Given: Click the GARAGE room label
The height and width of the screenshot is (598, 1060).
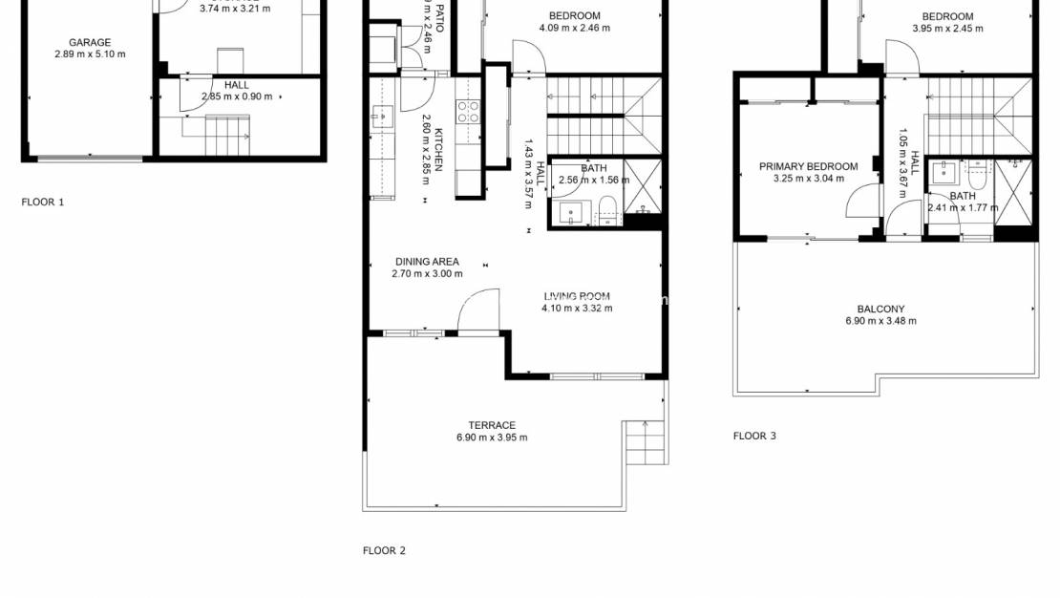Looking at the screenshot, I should point(90,42).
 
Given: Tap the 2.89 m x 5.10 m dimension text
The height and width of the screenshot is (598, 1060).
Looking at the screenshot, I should point(90,54).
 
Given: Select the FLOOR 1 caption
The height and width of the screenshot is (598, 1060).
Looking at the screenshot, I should point(43,203).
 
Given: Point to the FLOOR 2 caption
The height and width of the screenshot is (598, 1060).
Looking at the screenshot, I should point(384,550).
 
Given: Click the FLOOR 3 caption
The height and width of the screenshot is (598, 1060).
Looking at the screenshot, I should point(754,436).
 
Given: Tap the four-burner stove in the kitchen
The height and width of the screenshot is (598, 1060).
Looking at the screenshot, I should point(468,112).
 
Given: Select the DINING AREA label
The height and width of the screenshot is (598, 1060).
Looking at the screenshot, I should point(427,262).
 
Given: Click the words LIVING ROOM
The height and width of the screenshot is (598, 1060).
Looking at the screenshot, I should point(577,296).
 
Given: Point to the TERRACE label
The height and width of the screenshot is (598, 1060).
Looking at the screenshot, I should point(492,425).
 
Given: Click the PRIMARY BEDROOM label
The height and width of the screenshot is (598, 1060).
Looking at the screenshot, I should point(808,167).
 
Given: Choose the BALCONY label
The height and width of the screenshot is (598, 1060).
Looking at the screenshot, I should point(880,309).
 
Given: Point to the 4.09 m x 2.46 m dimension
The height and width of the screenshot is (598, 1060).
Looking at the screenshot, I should point(574,28).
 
